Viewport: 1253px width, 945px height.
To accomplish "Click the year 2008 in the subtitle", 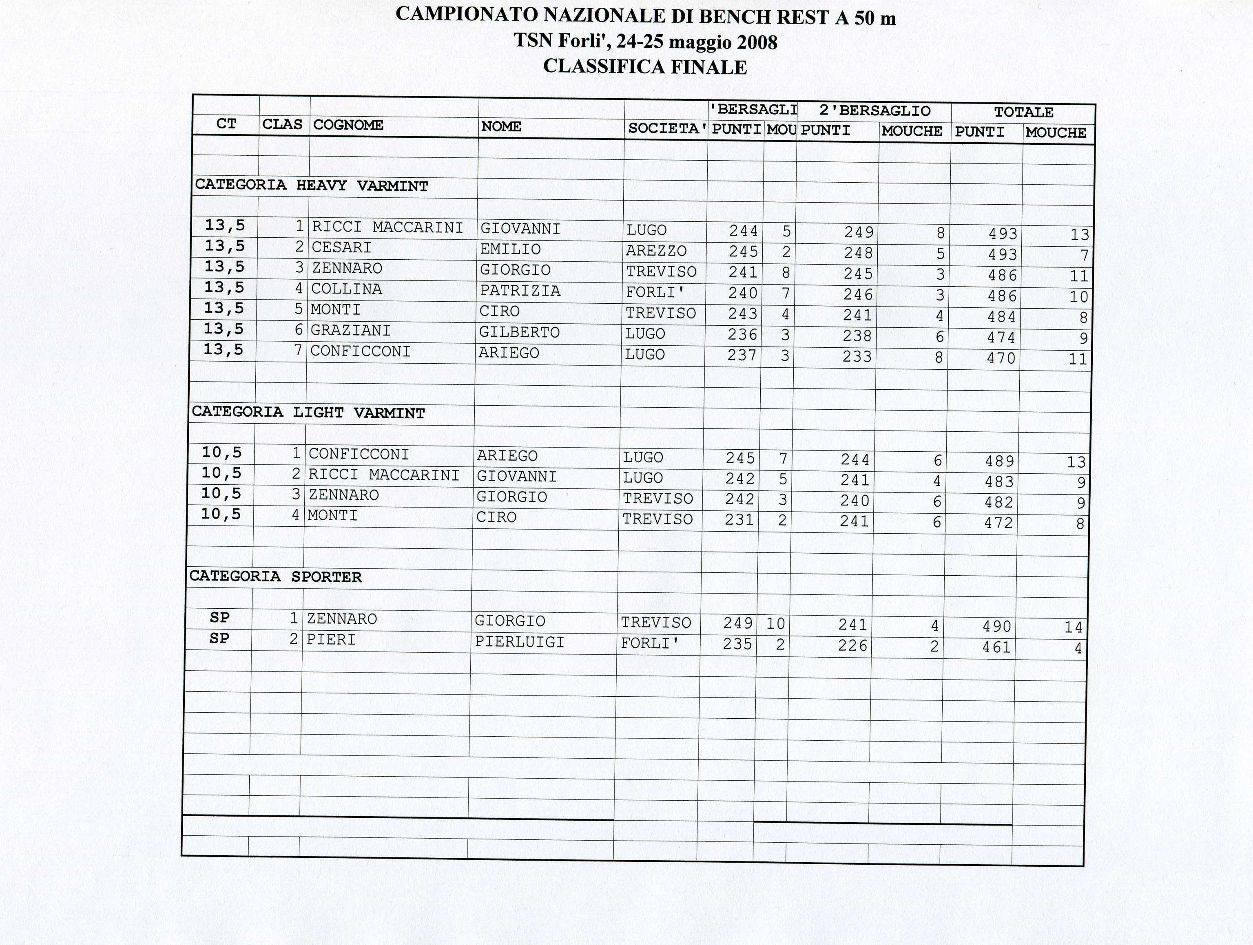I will (x=757, y=42).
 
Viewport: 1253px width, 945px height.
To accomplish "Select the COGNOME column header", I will (x=348, y=125).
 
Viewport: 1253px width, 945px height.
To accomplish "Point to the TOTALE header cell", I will (x=1023, y=112).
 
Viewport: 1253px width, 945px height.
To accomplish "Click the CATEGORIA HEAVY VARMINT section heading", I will (x=312, y=186).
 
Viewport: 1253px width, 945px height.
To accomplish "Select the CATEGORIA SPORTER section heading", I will (x=275, y=577).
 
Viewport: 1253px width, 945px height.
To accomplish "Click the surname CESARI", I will (x=341, y=248).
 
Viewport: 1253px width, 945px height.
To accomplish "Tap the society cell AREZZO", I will (x=656, y=251).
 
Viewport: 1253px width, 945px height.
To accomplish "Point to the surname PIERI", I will (x=331, y=640).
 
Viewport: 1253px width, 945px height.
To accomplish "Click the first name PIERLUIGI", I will (x=520, y=642).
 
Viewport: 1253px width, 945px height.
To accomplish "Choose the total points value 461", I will (x=996, y=647).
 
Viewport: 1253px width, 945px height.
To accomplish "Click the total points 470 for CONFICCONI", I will (x=1001, y=358).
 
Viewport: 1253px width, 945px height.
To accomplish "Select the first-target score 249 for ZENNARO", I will (x=737, y=623).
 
